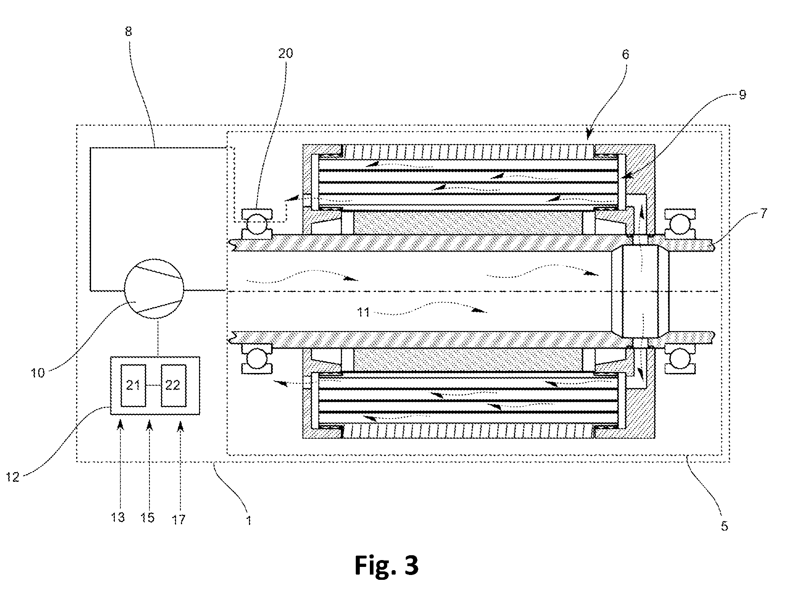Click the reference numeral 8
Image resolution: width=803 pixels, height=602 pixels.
pos(128,31)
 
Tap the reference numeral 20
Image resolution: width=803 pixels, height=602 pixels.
pos(285,53)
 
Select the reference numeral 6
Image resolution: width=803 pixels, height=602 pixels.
pos(625,54)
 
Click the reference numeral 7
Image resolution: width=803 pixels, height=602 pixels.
pos(764,213)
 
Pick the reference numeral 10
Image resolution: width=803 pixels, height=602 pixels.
pos(38,373)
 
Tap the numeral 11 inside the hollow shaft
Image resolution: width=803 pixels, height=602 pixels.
pos(363,312)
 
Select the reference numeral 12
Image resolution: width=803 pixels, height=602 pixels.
pos(13,478)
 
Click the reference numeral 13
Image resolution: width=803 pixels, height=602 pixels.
pos(118,517)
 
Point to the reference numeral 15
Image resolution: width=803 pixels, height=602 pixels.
pos(148,517)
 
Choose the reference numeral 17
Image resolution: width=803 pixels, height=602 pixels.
pos(179,519)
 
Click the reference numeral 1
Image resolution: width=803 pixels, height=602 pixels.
pos(249,521)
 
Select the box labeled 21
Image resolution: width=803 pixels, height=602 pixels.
pos(133,385)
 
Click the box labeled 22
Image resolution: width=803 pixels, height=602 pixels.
pos(173,385)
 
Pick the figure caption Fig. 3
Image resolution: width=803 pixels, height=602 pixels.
pos(386,565)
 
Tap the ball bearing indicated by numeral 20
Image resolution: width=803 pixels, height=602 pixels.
pos(257,224)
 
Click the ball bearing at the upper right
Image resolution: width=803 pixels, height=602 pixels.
pos(680,224)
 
